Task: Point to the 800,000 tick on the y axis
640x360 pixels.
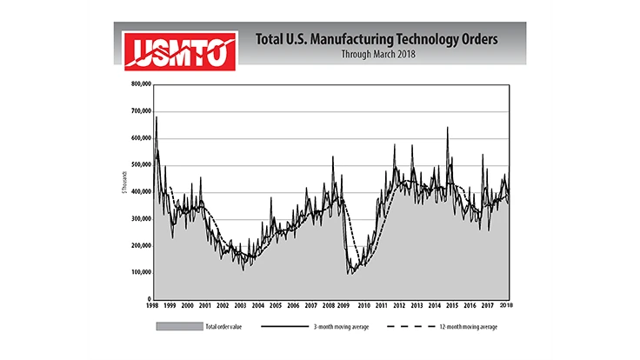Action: (x=139, y=84)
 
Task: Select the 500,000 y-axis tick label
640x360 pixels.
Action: (x=139, y=165)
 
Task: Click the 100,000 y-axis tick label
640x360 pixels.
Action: (x=139, y=272)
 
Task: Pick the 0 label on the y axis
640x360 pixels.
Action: (x=148, y=299)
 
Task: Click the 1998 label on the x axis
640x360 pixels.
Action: (x=153, y=306)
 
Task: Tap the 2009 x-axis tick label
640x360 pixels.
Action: (x=346, y=306)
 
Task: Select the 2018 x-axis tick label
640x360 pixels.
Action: (x=506, y=306)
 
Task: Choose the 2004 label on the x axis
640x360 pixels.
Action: (x=258, y=306)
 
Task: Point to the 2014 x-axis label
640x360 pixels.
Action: (x=435, y=306)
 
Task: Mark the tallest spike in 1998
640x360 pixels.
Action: (x=157, y=117)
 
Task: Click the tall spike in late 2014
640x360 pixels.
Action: (x=448, y=129)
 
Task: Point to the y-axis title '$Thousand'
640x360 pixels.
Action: (x=128, y=191)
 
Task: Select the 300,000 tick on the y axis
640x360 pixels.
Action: (x=139, y=219)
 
